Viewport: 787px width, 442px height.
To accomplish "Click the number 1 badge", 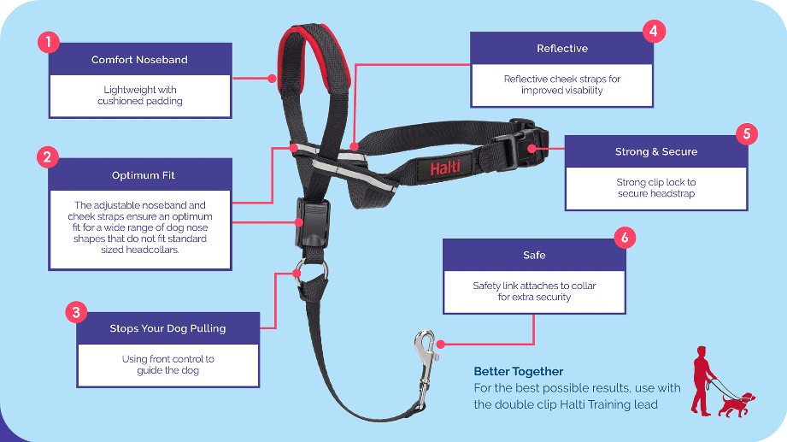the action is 49,42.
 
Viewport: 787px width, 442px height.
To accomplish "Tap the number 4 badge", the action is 654,31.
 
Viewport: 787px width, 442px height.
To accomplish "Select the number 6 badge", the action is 625,237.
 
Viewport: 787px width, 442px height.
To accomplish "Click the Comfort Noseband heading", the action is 139,60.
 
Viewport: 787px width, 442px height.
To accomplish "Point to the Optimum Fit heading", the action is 144,175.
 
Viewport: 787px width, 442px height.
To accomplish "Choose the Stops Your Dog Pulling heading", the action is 167,328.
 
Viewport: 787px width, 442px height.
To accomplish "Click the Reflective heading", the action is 562,49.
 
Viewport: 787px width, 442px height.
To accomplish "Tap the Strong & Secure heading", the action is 656,151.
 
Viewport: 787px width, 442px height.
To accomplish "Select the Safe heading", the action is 534,255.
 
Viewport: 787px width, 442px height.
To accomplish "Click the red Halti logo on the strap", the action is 444,168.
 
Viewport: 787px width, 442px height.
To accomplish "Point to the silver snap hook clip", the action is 426,367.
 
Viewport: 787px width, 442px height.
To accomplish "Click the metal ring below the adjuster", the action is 311,271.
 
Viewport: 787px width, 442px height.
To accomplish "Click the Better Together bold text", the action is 519,372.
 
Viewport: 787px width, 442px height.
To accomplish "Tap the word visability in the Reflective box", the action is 582,91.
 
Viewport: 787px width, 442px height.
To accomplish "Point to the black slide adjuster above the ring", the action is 312,223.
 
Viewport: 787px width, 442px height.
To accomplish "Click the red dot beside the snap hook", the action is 441,344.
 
